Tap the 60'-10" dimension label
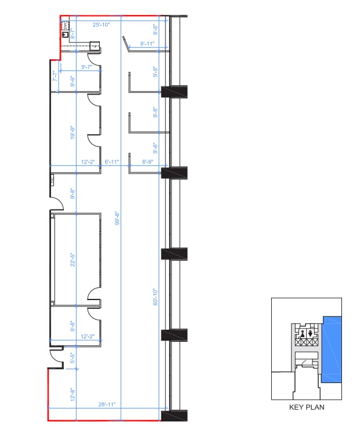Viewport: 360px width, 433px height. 156,297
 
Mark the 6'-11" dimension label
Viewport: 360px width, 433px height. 111,162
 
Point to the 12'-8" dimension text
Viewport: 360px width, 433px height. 73,395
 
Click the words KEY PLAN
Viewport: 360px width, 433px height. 307,407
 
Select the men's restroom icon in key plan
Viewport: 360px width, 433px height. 303,333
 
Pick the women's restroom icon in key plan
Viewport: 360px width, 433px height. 311,333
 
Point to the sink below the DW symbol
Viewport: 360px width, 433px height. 66,35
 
